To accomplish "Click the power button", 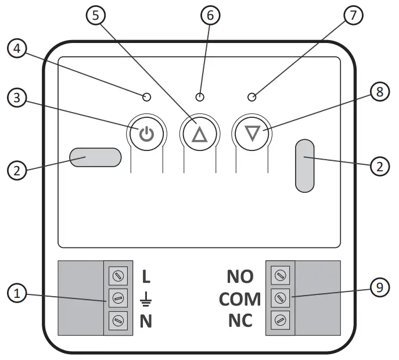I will tap(146, 135).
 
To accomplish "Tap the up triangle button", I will tap(199, 135).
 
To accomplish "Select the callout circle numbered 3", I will tap(17, 99).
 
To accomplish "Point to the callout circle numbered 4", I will tap(17, 51).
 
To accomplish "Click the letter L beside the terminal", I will tap(146, 276).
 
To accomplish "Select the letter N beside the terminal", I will tap(146, 321).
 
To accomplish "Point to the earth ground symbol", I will tap(146, 299).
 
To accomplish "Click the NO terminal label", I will tap(239, 276).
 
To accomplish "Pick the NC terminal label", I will tap(239, 321).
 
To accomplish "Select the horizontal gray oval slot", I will tap(95, 158).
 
